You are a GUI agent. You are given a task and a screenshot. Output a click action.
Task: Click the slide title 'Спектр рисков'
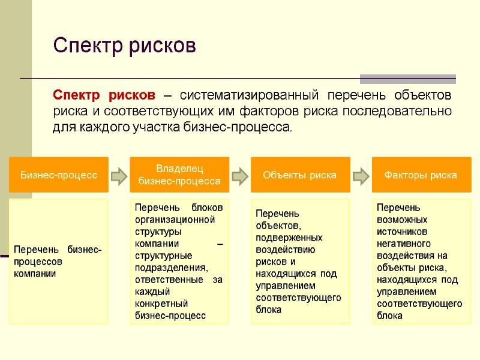click(x=124, y=46)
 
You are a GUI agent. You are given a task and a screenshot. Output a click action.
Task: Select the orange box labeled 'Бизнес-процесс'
click(x=58, y=175)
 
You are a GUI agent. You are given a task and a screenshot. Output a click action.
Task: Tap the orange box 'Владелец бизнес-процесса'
click(x=179, y=175)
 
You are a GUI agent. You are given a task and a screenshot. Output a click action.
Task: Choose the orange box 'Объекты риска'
click(x=299, y=175)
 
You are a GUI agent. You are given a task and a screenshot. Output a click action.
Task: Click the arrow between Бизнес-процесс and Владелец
click(x=119, y=175)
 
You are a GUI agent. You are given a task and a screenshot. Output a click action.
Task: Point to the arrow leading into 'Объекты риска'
click(x=240, y=175)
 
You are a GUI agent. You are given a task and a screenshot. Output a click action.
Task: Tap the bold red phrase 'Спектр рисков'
click(x=104, y=96)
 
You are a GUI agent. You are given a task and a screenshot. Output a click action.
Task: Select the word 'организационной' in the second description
click(x=175, y=219)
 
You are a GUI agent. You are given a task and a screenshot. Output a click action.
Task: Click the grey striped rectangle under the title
click(x=407, y=79)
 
